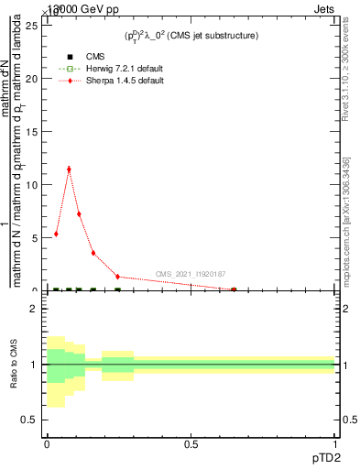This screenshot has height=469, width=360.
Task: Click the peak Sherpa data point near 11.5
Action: click(69, 169)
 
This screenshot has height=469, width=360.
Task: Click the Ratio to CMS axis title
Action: click(14, 364)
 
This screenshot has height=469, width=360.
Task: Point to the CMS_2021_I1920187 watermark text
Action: click(191, 274)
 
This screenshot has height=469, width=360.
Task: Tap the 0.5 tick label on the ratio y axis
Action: click(29, 420)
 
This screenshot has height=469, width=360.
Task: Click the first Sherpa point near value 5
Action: click(56, 234)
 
